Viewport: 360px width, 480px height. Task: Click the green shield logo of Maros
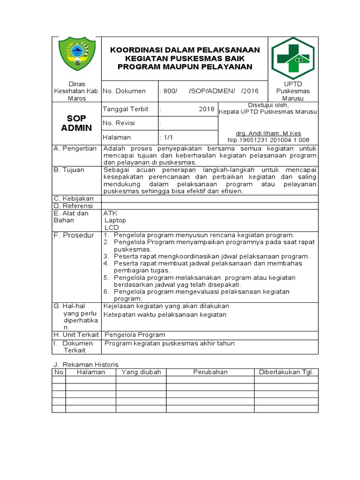[x=76, y=57]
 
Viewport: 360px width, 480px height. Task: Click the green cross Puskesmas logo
[x=293, y=58]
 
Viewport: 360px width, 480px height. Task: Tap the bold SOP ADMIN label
[x=76, y=123]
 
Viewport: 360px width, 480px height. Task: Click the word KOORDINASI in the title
[x=135, y=50]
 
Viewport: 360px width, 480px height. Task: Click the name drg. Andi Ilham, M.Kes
[x=268, y=134]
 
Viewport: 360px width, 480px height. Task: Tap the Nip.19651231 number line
[x=268, y=140]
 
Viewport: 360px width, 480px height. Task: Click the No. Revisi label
[x=119, y=123]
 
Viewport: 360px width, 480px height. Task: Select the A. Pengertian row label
[x=75, y=149]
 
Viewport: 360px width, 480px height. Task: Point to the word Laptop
[x=115, y=220]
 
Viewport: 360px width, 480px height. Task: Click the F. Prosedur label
[x=74, y=235]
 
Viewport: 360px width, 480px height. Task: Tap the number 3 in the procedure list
[x=106, y=256]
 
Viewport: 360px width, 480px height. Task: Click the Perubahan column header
[x=210, y=372]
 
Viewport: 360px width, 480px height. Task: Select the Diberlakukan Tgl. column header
[x=286, y=372]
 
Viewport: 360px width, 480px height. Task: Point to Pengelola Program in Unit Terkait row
[x=135, y=335]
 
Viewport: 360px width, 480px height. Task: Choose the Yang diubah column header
[x=141, y=372]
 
